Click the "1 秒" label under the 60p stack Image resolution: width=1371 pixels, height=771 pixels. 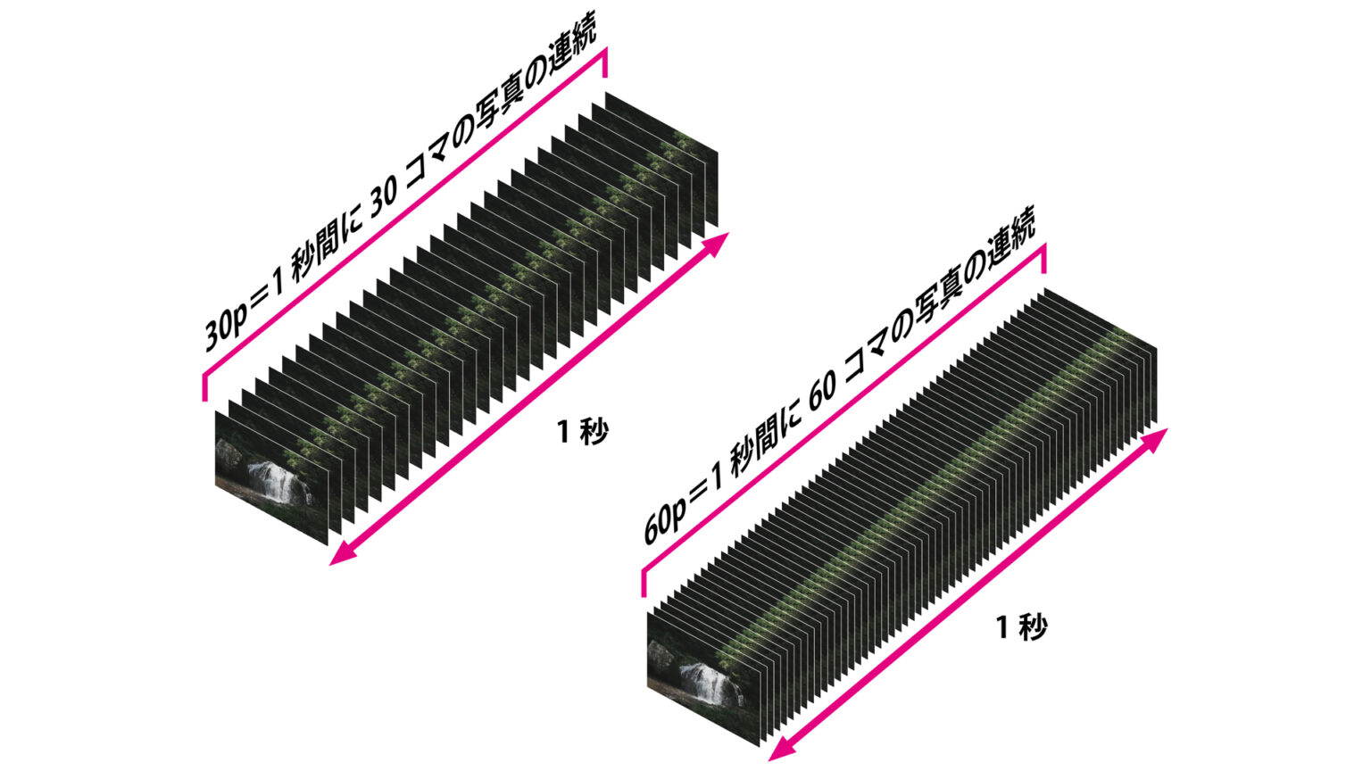(x=1022, y=626)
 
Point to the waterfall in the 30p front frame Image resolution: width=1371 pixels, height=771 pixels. (x=276, y=482)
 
